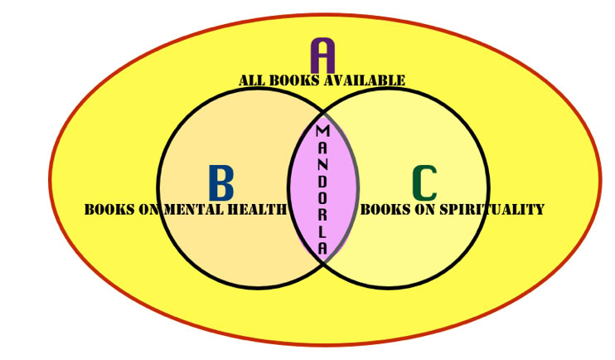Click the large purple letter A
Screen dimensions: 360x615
click(322, 56)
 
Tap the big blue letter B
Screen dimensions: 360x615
click(220, 183)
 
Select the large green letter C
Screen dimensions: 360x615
click(424, 183)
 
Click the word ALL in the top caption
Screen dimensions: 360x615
click(252, 80)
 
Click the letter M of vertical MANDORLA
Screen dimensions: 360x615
click(323, 131)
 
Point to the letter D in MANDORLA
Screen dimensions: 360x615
click(323, 181)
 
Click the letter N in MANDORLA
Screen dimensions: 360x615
click(323, 164)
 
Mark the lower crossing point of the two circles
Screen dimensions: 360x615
click(323, 262)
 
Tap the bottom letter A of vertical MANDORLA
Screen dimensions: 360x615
click(323, 246)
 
